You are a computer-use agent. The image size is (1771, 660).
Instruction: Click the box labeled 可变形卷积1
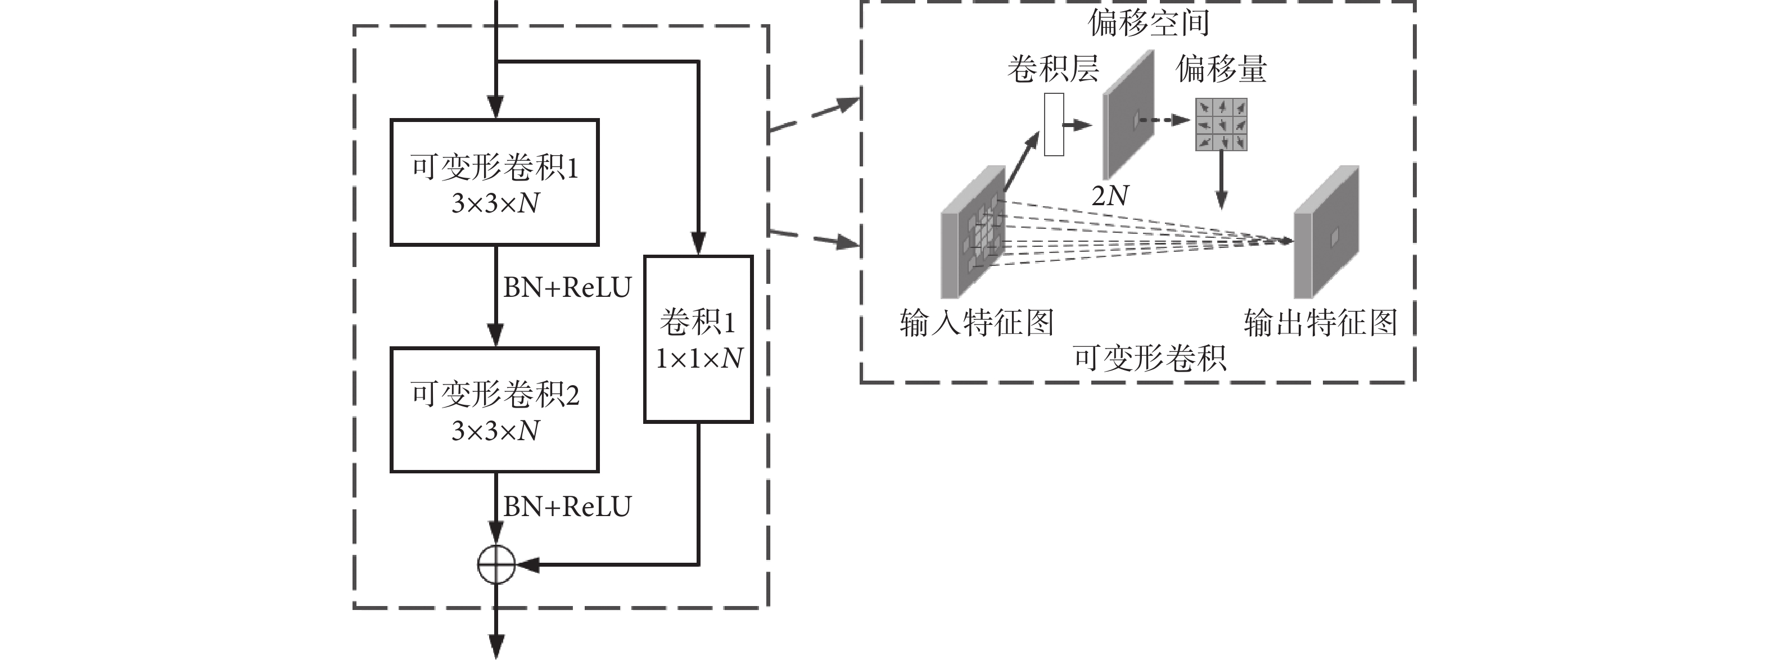494,182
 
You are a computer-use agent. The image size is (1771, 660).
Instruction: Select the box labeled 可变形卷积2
494,410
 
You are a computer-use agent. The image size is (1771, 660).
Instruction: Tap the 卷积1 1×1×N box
698,339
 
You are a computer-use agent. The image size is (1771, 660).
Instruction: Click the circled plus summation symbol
496,564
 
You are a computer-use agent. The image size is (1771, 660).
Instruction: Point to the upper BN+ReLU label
567,287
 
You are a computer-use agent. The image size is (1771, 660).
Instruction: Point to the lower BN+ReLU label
567,507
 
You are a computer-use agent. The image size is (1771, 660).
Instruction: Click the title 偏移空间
1147,22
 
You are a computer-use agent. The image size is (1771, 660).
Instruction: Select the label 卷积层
1052,69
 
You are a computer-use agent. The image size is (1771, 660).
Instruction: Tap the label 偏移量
1221,69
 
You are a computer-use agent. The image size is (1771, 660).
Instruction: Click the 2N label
1110,196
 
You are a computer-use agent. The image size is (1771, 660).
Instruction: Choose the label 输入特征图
976,323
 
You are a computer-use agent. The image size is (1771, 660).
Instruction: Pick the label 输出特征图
1320,323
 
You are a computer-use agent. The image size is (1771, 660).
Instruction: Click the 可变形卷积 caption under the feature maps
1150,358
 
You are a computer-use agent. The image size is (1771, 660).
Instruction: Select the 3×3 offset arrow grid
1221,124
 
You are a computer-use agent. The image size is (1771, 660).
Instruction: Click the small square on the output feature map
1335,237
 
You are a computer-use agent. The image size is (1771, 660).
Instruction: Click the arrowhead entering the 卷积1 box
698,244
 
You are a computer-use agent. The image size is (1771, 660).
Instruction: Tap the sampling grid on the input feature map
984,234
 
